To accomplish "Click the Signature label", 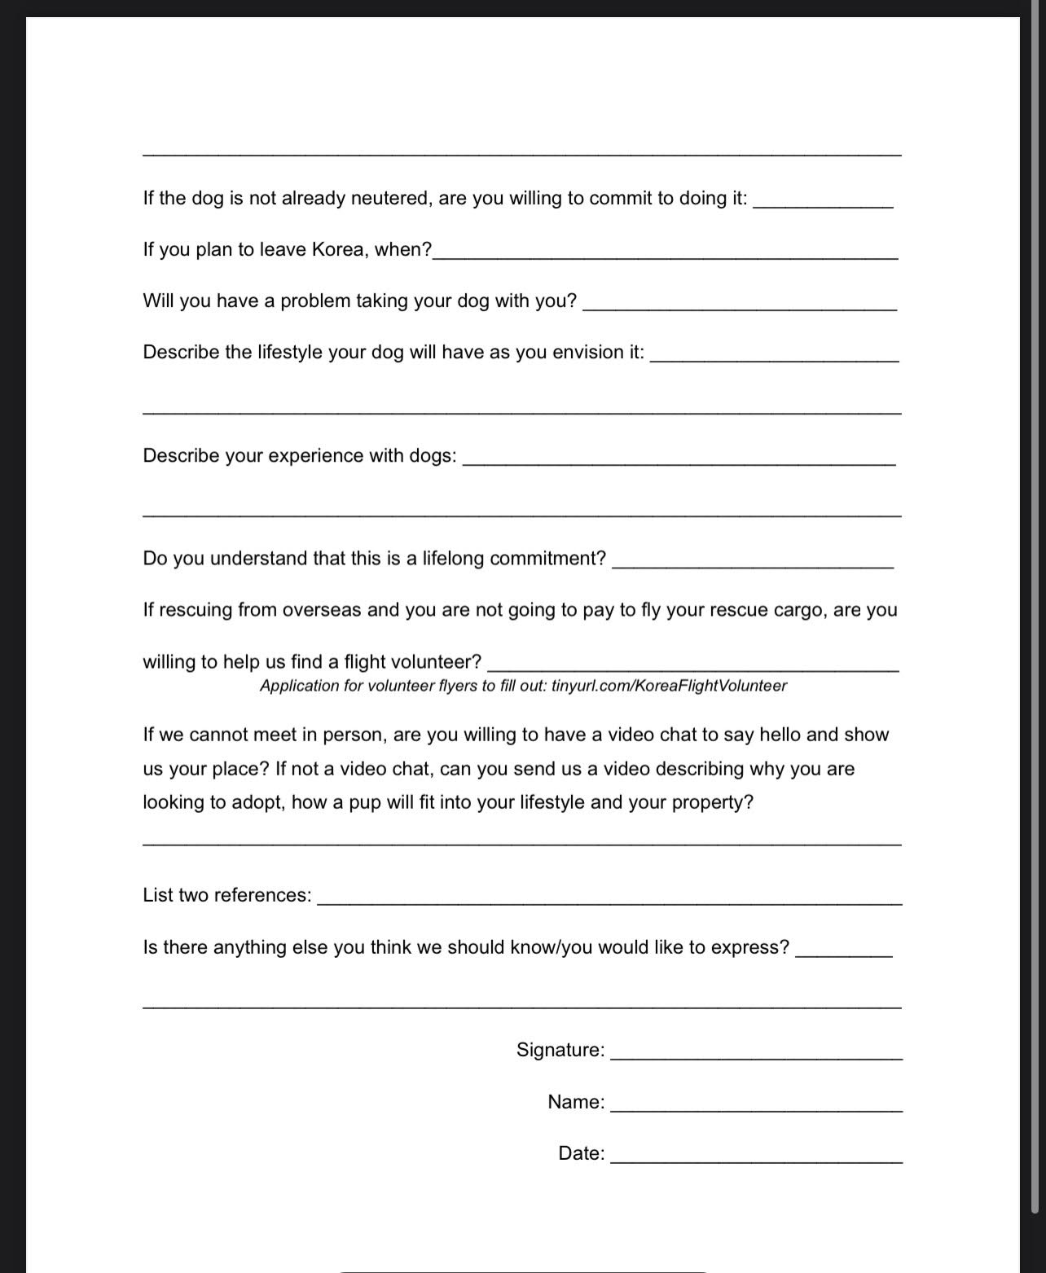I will (x=560, y=1050).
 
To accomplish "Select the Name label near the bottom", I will (x=576, y=1102).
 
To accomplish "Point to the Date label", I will (x=581, y=1153).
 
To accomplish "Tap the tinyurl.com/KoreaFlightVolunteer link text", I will (x=669, y=686).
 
